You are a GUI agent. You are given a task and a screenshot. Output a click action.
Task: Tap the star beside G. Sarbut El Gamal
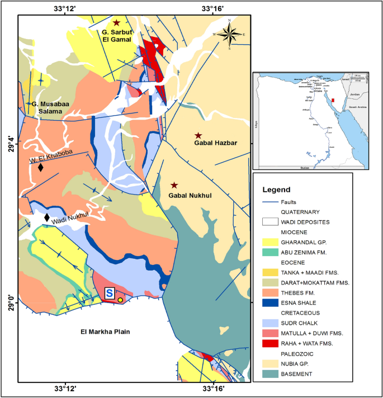116,23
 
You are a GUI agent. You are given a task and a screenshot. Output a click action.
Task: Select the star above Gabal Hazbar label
198,136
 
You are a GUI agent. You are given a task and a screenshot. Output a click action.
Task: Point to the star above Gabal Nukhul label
174,185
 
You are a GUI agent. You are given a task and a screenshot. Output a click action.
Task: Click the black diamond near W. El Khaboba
40,167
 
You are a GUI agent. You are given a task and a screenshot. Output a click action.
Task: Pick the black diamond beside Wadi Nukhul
48,217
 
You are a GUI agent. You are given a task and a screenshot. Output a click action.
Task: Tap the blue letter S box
110,293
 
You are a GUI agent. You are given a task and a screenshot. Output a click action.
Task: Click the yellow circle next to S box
121,300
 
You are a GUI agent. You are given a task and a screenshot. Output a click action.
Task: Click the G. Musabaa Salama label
51,108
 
